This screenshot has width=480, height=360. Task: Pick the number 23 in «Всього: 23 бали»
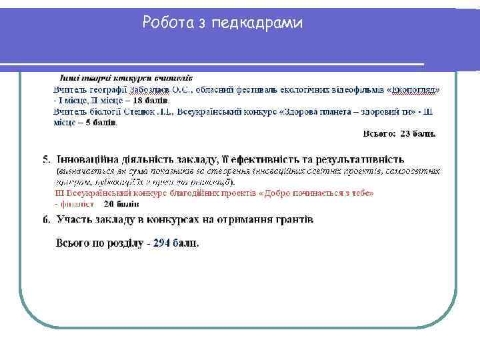coord(405,133)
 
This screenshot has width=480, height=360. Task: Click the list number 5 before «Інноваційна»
coord(45,159)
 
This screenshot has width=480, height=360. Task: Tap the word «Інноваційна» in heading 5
coord(91,159)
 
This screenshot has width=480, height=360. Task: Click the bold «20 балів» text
coord(122,203)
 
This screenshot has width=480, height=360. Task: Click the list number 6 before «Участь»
coord(45,219)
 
